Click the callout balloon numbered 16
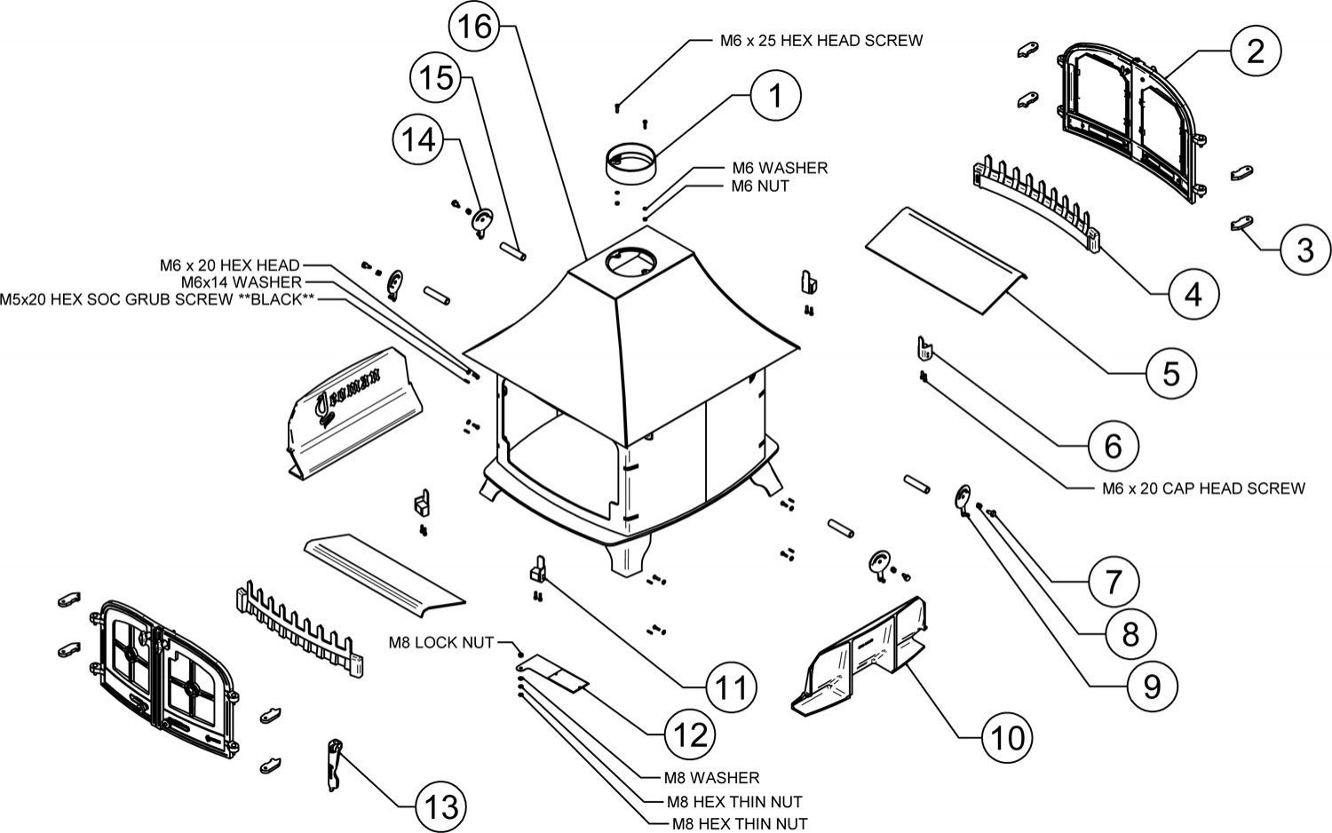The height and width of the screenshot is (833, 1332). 475,28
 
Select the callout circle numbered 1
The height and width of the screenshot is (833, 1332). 775,95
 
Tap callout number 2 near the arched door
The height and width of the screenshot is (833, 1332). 1254,52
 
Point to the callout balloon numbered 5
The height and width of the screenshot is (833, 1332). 1170,373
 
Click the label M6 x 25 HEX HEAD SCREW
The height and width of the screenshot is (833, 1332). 821,40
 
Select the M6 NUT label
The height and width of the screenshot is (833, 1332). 759,186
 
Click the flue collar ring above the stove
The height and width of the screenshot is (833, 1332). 631,163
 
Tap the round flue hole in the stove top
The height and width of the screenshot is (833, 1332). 629,261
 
